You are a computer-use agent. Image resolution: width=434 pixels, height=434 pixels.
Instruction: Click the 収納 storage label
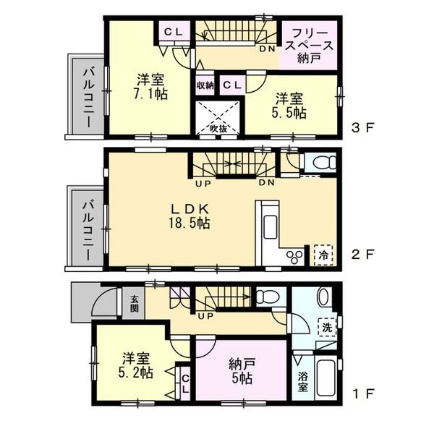pyautogui.click(x=205, y=85)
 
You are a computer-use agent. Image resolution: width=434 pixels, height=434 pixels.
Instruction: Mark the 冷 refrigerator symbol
pyautogui.click(x=323, y=255)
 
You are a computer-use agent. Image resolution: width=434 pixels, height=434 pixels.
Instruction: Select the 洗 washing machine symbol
pyautogui.click(x=328, y=328)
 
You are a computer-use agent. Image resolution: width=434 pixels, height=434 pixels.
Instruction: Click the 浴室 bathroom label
pyautogui.click(x=302, y=383)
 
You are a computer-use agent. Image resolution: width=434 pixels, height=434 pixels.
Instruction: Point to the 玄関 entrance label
pyautogui.click(x=135, y=302)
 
